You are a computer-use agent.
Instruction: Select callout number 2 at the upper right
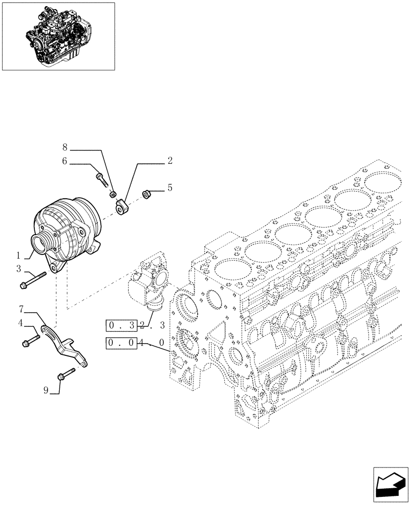[170, 161]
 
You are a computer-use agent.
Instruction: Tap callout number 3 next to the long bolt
[18, 269]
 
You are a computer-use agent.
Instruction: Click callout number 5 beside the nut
[170, 188]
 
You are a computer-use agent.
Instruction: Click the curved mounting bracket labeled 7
[64, 345]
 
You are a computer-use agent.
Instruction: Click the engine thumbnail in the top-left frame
[58, 35]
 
